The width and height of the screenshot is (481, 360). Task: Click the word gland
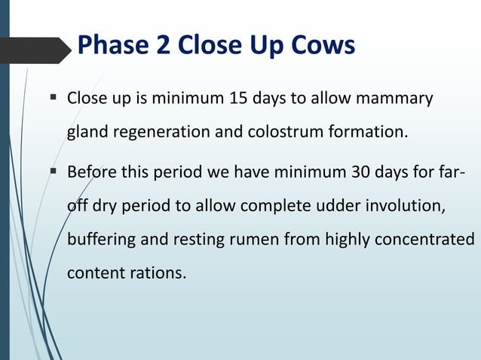coord(87,133)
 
